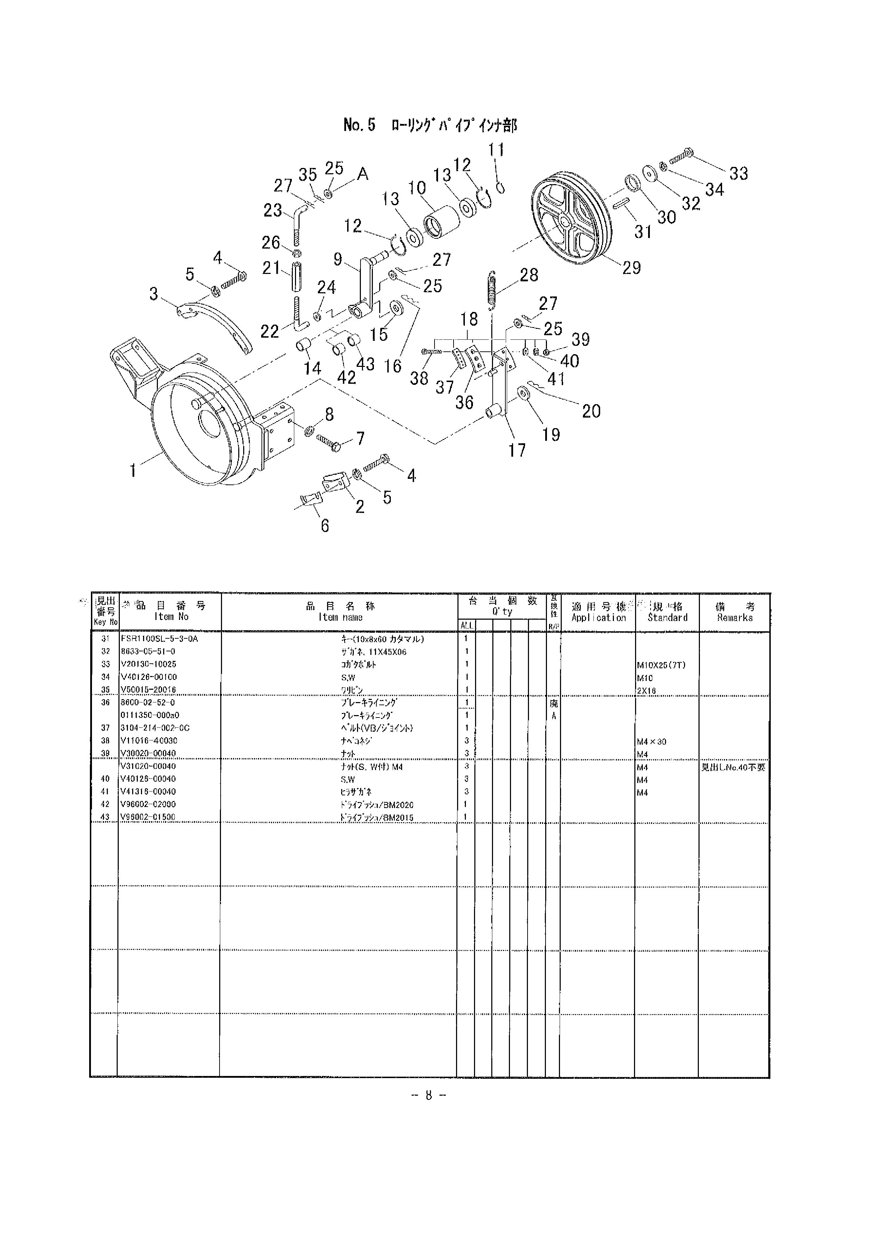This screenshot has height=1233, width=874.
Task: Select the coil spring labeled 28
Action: tap(491, 291)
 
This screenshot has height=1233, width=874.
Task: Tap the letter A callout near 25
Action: tap(363, 174)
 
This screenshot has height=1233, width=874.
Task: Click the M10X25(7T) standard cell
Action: tap(661, 665)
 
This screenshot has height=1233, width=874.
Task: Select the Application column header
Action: tap(598, 612)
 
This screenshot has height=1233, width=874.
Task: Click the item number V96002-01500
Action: tap(148, 817)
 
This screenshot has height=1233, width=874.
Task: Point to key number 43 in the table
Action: tap(105, 817)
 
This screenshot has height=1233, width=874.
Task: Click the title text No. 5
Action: tap(359, 125)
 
